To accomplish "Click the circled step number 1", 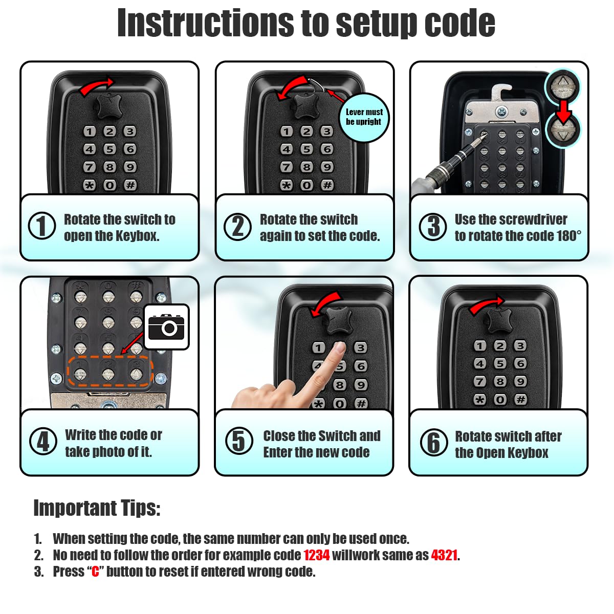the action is (x=42, y=226).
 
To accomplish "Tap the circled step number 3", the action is (x=433, y=227).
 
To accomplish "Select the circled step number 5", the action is (x=239, y=441).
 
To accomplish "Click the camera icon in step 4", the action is (x=166, y=327).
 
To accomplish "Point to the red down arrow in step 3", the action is (x=563, y=112).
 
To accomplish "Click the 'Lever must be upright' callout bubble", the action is (x=364, y=117).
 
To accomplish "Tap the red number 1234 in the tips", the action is (x=316, y=555).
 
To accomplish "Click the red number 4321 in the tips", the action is (x=444, y=555).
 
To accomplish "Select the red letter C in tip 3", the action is (x=95, y=572).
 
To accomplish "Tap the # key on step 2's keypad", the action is (x=327, y=185).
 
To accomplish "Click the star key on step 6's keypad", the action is (x=479, y=399).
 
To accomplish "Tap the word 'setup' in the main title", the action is (x=373, y=23).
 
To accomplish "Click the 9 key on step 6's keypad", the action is (x=520, y=381).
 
